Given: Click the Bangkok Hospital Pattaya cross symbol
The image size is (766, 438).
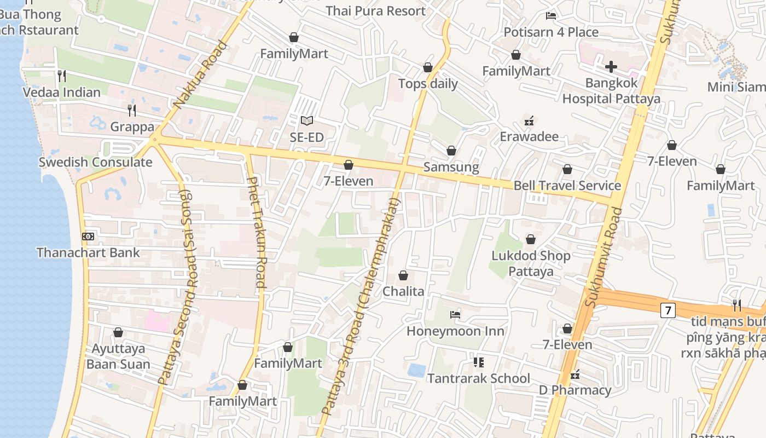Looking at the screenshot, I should click(x=611, y=67).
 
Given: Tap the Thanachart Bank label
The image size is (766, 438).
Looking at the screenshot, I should click(x=88, y=252).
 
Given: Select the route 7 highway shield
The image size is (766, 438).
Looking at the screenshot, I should click(x=668, y=310).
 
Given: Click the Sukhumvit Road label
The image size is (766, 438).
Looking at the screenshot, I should click(x=603, y=257).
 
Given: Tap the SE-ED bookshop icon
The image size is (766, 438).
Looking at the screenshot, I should click(x=307, y=120).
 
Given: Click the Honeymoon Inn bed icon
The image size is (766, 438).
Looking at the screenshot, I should click(x=455, y=315).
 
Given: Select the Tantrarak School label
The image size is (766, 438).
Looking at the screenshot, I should click(x=478, y=378).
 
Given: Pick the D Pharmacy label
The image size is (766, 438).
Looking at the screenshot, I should click(x=575, y=390).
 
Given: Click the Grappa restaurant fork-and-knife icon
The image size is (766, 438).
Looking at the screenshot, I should click(x=132, y=111).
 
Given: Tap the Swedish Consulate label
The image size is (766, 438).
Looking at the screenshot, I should click(x=95, y=162).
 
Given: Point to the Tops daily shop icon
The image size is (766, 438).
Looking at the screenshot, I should click(x=428, y=67).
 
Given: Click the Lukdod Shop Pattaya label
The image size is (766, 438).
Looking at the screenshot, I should click(x=531, y=263).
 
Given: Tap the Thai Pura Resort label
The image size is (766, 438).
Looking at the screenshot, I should click(x=375, y=11).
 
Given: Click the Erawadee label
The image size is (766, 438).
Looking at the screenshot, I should click(x=529, y=136).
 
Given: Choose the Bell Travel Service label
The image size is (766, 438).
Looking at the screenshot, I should click(x=567, y=186).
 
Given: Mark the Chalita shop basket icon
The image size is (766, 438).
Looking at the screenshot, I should click(x=403, y=275).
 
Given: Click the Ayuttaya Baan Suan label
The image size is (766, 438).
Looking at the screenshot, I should click(x=118, y=356).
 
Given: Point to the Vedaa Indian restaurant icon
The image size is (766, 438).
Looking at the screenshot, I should click(x=62, y=76).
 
